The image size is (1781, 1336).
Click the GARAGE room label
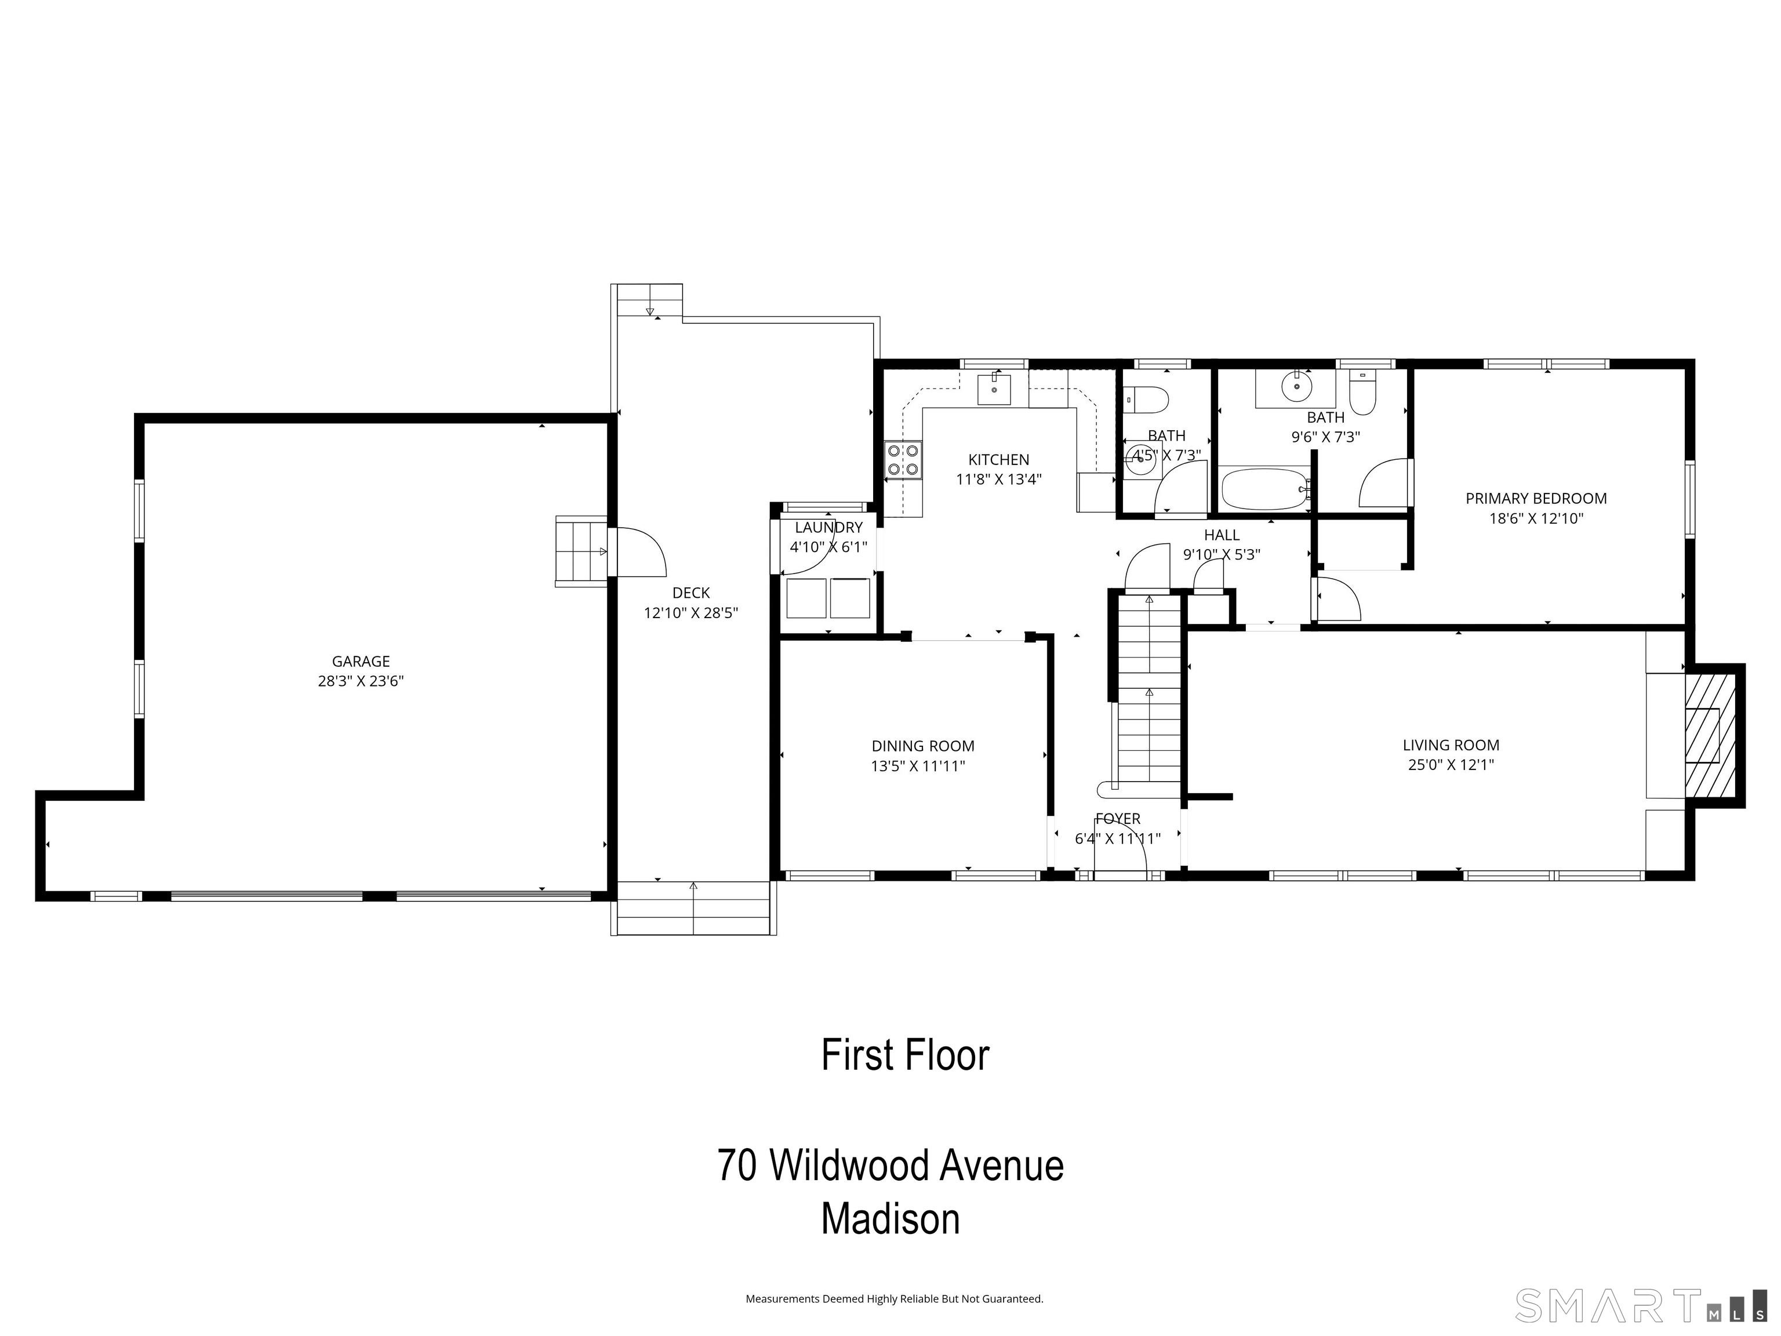361,661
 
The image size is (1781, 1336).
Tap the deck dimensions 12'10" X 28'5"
691,613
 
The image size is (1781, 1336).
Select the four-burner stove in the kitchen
903,460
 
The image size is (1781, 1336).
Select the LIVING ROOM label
1451,746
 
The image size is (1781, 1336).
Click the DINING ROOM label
923,746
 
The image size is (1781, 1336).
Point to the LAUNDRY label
828,528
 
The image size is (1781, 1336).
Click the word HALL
1222,535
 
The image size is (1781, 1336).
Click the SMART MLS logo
1641,1305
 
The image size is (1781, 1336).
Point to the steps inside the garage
580,551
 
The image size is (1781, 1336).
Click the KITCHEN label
998,460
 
